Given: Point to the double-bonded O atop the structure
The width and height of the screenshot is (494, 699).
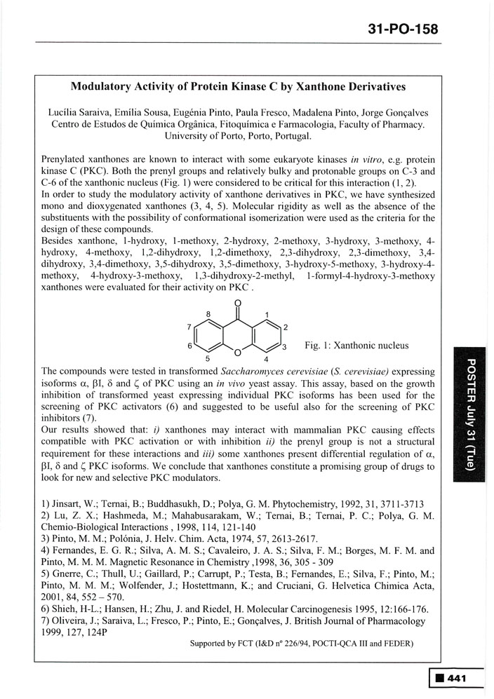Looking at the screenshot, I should (239, 305).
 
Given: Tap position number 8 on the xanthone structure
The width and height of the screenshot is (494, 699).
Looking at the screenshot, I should (208, 315).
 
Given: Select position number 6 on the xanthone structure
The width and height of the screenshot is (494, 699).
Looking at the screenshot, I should (190, 346).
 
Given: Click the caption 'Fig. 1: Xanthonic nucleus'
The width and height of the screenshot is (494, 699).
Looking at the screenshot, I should (356, 346).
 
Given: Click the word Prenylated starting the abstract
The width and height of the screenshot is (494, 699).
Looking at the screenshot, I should (65, 160).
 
